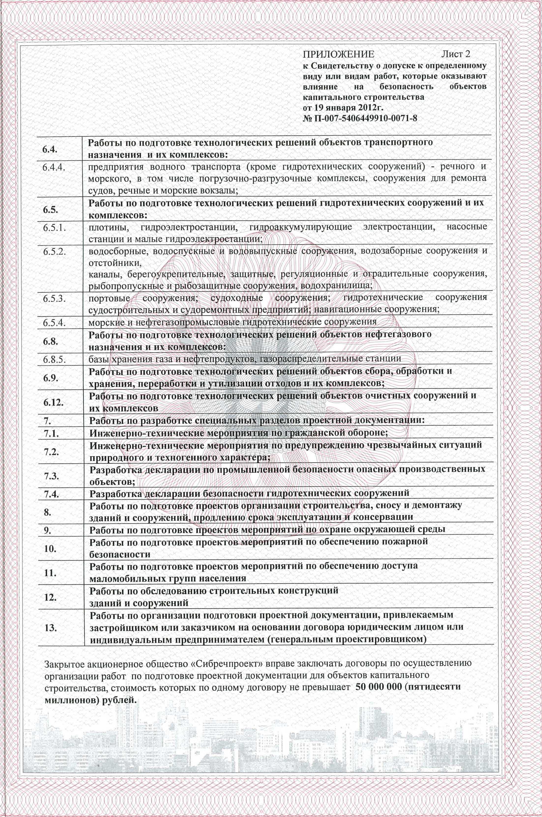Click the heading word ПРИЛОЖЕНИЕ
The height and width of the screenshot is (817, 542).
[338, 55]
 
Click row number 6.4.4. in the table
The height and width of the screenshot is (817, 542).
[55, 168]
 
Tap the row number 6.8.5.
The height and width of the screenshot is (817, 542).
[55, 359]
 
